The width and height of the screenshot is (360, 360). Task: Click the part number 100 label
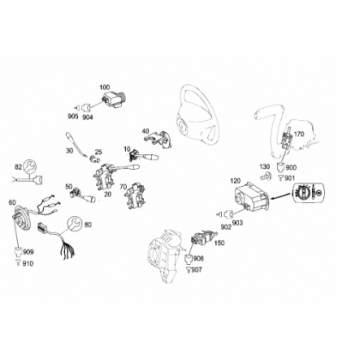105,87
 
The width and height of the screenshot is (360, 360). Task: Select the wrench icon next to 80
75,224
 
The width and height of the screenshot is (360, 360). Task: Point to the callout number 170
299,134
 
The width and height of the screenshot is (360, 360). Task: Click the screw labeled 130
266,177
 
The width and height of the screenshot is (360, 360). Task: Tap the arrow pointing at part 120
281,196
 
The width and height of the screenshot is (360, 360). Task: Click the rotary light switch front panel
309,192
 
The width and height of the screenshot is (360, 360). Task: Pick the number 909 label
28,252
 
